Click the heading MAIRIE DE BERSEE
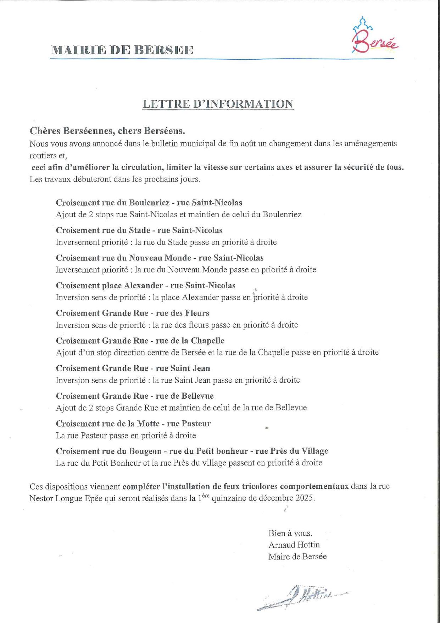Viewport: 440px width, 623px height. click(x=122, y=50)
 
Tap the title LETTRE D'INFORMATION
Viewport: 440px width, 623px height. click(x=218, y=104)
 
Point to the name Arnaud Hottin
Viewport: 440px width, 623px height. click(x=294, y=545)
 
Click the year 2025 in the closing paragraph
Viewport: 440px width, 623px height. click(x=304, y=498)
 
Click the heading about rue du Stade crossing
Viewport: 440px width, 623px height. click(x=139, y=230)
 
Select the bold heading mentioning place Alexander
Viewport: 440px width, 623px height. click(x=145, y=285)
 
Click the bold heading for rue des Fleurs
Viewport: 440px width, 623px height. click(x=132, y=313)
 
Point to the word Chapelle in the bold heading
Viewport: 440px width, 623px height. click(x=207, y=341)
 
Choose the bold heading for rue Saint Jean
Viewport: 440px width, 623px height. click(x=133, y=368)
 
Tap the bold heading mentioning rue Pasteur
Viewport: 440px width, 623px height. click(x=133, y=423)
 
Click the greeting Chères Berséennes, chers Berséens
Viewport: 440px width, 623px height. click(x=107, y=131)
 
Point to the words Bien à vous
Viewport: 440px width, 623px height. click(x=290, y=533)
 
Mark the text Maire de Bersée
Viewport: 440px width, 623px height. click(x=297, y=557)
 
